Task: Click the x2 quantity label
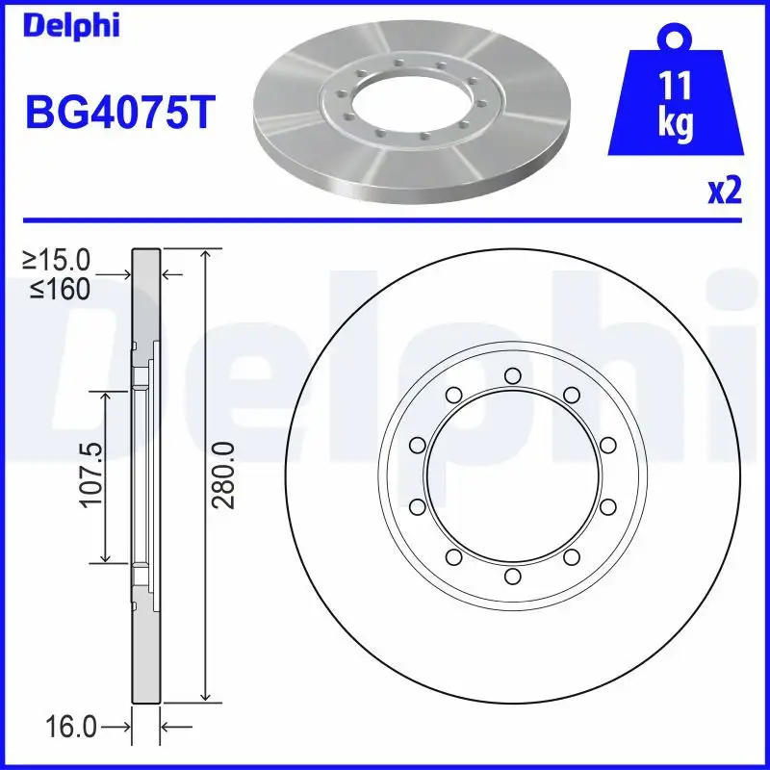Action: coord(726,192)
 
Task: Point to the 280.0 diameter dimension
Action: coord(224,476)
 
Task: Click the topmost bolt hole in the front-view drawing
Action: coord(512,375)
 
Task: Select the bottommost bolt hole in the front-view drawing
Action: coord(512,577)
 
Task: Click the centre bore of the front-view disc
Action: coord(512,476)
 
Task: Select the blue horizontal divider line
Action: coord(385,220)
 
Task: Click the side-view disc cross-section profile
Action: coord(145,476)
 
